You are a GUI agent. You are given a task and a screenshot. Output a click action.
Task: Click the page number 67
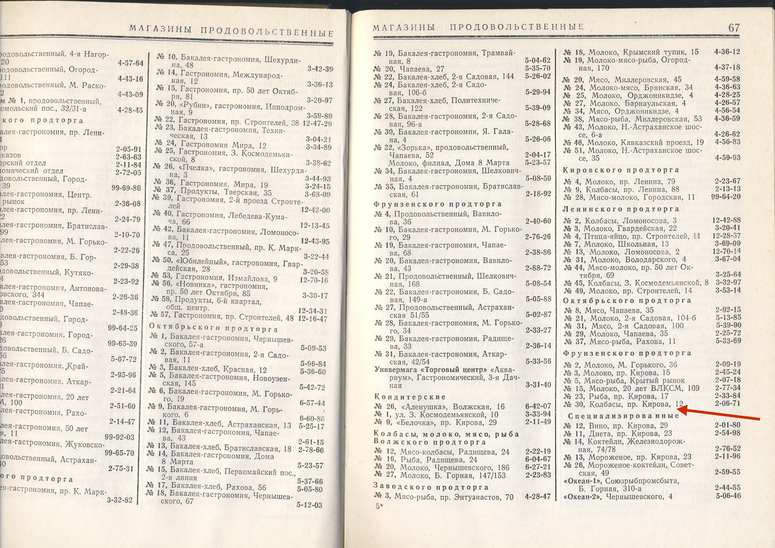point(734,28)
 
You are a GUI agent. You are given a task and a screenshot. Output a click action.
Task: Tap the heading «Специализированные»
point(623,416)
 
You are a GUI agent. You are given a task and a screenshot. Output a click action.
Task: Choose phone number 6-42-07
point(538,406)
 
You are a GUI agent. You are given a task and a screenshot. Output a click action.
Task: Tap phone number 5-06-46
point(728,496)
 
